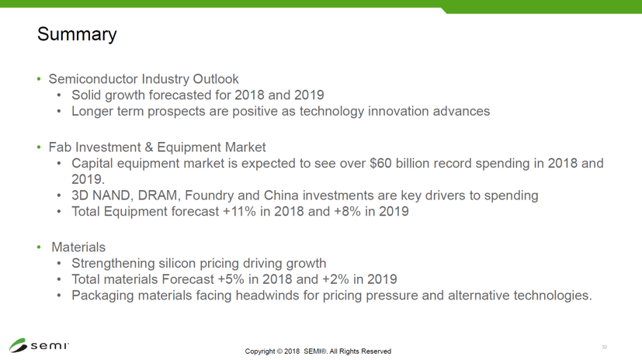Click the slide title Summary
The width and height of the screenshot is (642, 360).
tap(77, 34)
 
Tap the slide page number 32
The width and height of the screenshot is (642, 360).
tap(604, 347)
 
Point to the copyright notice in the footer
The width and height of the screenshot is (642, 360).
tap(318, 351)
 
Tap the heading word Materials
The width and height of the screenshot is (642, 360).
tap(78, 247)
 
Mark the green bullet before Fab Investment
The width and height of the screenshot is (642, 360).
tap(39, 147)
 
